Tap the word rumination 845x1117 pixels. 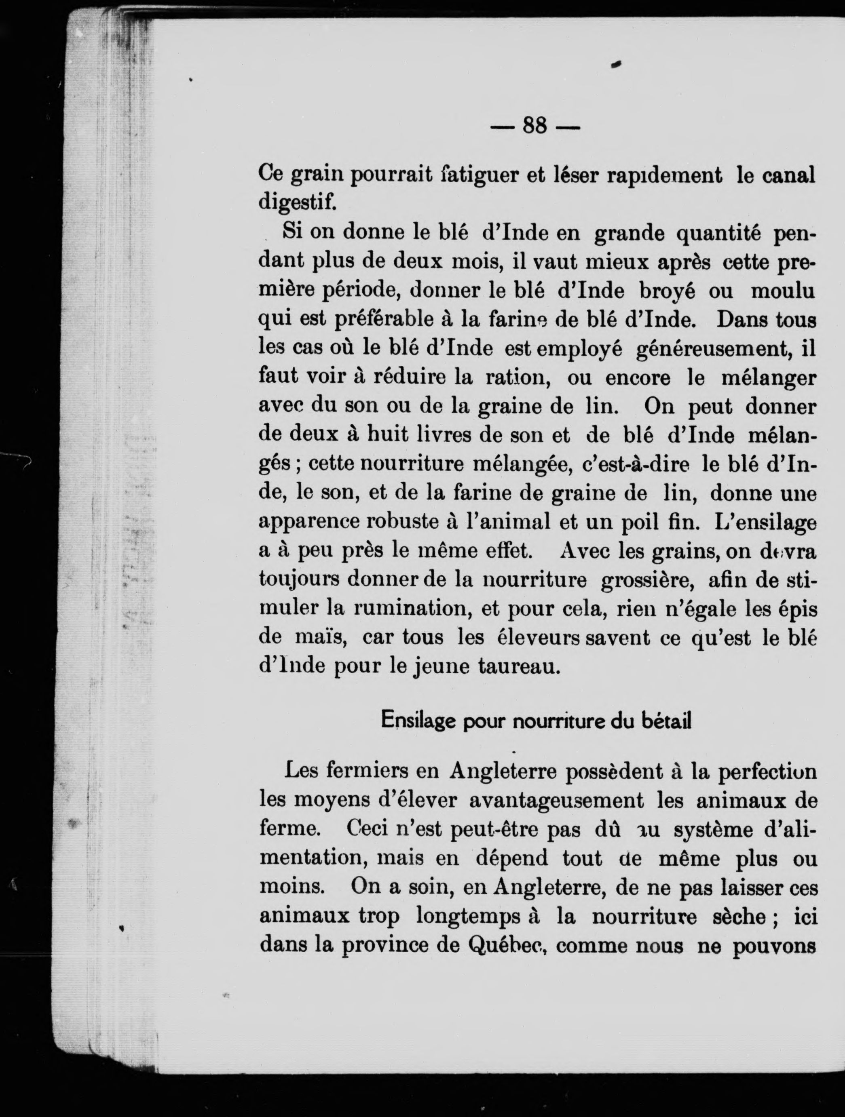412,609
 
